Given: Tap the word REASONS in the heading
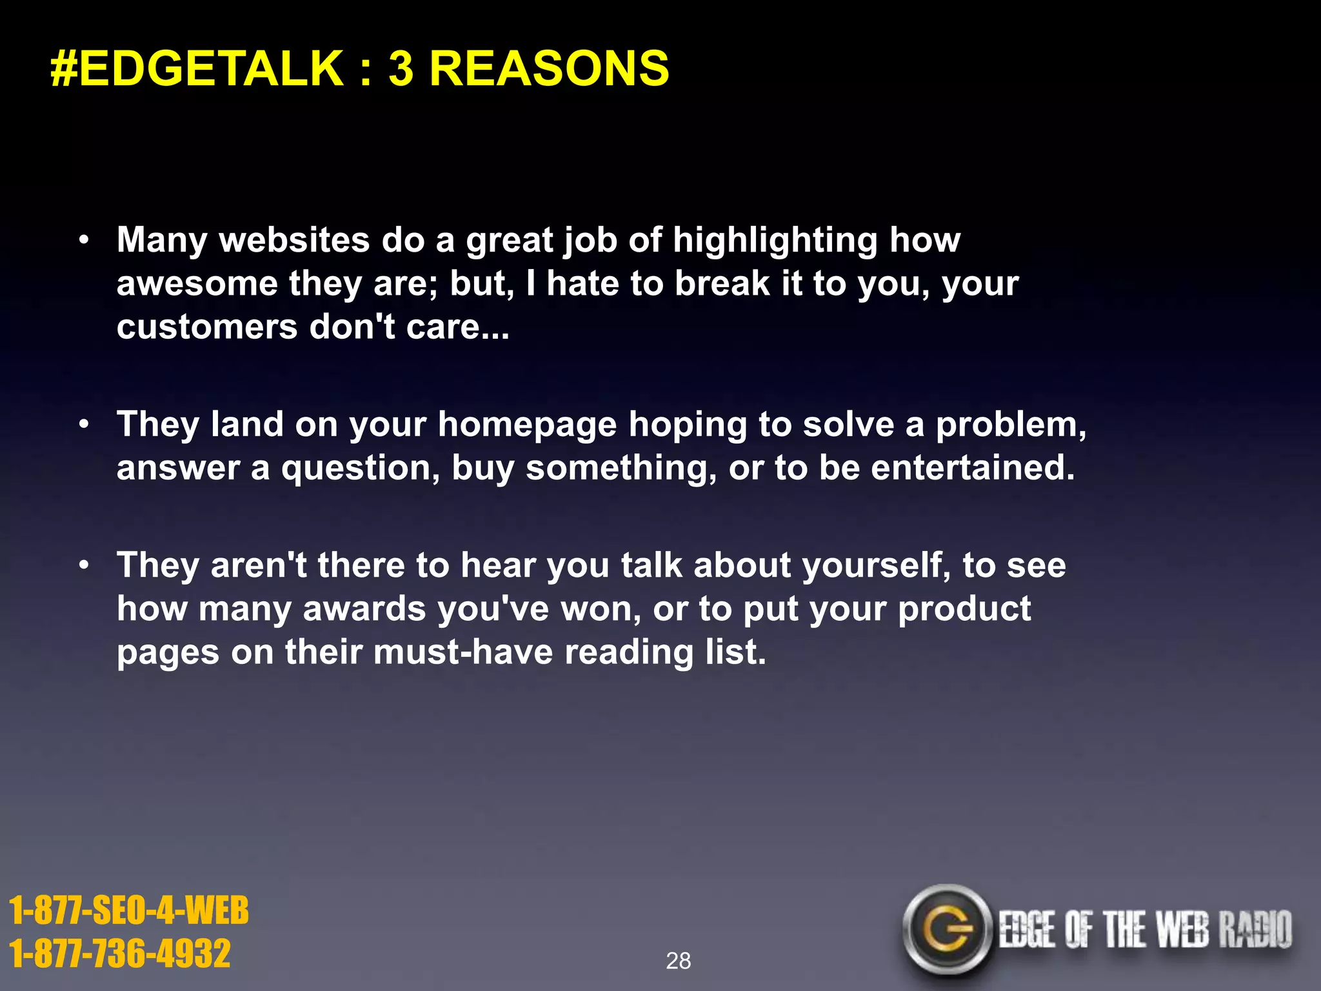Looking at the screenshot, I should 549,68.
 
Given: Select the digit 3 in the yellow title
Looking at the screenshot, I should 401,68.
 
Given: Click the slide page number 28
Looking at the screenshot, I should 678,961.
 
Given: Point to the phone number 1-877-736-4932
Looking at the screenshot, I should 120,954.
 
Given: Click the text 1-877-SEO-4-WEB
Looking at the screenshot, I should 129,910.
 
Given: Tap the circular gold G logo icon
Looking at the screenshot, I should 946,929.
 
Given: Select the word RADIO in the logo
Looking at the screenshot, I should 1255,930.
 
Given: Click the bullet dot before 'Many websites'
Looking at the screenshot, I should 84,241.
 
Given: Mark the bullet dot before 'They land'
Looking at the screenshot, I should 84,425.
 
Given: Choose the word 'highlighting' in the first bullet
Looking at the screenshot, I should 775,241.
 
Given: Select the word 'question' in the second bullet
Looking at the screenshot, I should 361,469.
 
